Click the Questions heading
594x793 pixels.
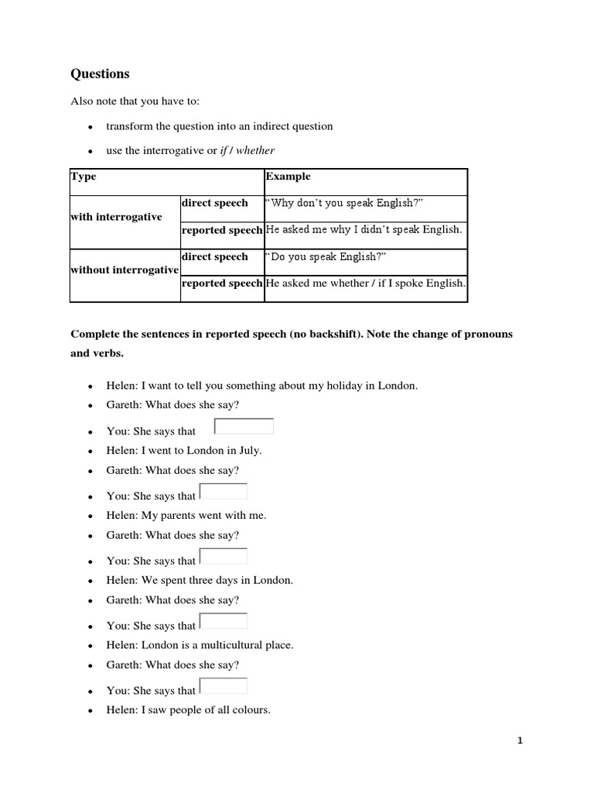pos(100,74)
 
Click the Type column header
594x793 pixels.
pos(84,177)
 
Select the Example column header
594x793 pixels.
pos(288,177)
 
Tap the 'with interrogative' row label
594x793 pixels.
pos(116,217)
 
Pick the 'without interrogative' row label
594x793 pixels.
pos(125,269)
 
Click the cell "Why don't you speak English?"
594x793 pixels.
pos(344,203)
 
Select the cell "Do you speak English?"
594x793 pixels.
pos(323,257)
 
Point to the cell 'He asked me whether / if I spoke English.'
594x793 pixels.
pos(365,283)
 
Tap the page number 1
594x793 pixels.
pos(521,741)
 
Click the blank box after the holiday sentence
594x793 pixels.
pos(244,427)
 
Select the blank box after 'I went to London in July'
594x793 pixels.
pos(224,492)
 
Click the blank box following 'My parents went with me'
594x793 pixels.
pos(224,556)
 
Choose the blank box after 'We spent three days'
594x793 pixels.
pos(224,621)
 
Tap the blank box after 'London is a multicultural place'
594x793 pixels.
pos(224,686)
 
